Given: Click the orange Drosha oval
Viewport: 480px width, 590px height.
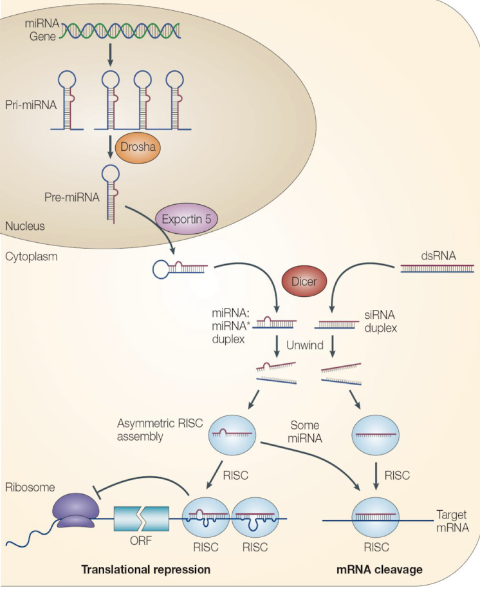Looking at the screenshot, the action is (138, 147).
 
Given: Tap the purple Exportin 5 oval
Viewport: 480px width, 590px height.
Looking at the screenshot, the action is (187, 220).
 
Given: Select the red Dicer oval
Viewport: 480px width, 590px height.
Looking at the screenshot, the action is (304, 281).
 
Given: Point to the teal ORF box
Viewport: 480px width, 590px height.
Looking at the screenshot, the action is (142, 519).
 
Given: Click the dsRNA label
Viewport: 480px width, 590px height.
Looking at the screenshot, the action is (438, 256).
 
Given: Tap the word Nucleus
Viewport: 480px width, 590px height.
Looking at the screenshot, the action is (25, 226).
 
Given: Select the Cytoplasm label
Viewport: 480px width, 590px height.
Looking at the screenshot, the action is (31, 256).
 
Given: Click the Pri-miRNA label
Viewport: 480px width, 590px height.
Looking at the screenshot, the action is (31, 104).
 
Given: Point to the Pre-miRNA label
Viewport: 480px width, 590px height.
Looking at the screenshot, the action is (72, 197).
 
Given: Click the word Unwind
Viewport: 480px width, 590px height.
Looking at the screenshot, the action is (305, 345).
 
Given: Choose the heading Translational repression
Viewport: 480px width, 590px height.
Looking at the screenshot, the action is (146, 569).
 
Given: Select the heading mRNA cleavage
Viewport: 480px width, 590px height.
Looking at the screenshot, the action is (379, 569).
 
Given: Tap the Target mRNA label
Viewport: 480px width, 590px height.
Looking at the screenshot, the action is (452, 521).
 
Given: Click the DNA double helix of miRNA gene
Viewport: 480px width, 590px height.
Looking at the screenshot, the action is (120, 31).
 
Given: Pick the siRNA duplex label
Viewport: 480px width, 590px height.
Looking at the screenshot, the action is (380, 321).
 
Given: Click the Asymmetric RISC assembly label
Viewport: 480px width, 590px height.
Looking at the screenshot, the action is (160, 430).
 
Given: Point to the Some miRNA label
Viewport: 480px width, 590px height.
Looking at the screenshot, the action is (305, 432).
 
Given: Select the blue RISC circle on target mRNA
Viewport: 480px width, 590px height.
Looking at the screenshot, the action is (376, 519).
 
